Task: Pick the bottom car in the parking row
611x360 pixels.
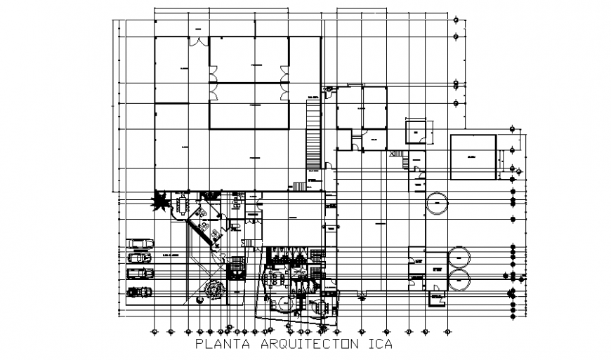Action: [140, 291]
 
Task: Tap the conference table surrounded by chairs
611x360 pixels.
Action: [185, 205]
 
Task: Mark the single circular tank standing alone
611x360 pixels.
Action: [437, 204]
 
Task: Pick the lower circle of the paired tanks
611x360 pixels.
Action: [460, 281]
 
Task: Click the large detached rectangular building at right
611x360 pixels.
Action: [473, 156]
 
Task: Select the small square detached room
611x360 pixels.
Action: [416, 132]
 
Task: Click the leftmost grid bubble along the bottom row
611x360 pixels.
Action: [154, 331]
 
